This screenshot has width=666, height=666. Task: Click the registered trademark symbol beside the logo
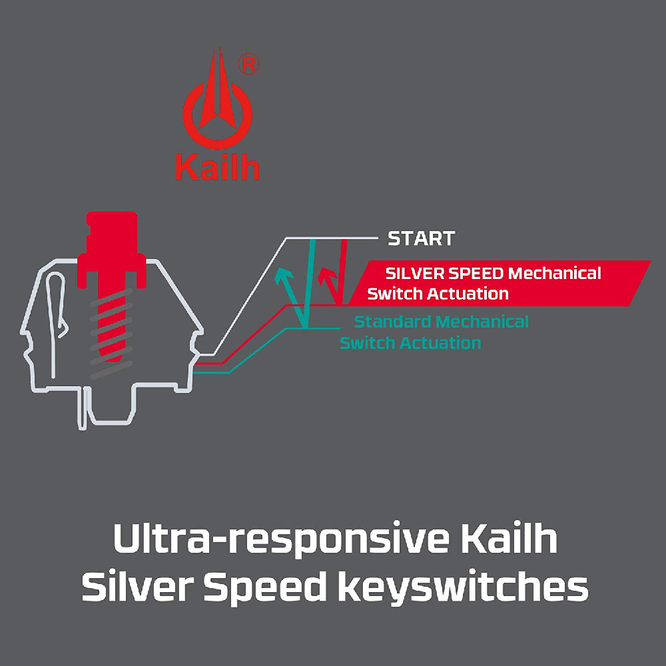(x=248, y=64)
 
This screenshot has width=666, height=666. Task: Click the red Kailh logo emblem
(x=217, y=107)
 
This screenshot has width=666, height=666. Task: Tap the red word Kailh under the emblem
(x=217, y=168)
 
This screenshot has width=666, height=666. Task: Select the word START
(x=421, y=238)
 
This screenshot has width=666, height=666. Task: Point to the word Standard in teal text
(x=393, y=322)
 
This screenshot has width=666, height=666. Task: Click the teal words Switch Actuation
(x=410, y=344)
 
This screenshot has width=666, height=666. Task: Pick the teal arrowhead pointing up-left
(x=284, y=274)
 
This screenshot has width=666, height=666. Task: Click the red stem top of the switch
(x=111, y=233)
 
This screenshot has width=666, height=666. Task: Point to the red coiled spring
(x=111, y=326)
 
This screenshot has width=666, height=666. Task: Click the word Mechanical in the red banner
(x=554, y=273)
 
